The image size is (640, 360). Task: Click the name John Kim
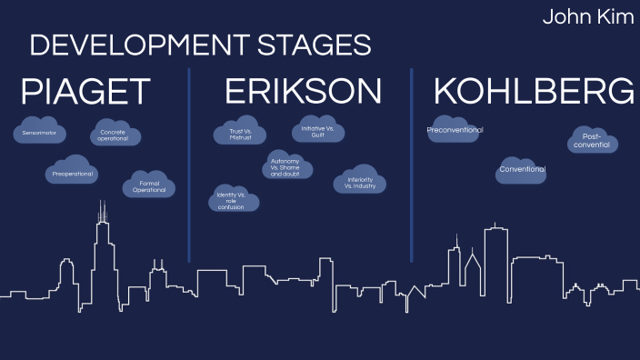[588, 17]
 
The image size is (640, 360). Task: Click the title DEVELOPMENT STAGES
[200, 45]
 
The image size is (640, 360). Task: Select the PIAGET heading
[85, 92]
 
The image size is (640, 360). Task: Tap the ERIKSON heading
[303, 92]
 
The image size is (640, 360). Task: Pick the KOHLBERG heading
[534, 92]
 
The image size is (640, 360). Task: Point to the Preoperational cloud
[73, 171]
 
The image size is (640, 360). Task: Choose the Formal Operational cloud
[149, 185]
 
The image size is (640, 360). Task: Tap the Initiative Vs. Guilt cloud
[318, 131]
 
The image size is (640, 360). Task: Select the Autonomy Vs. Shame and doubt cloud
[285, 166]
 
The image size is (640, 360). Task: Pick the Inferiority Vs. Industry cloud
[360, 181]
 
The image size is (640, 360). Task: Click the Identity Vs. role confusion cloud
[233, 199]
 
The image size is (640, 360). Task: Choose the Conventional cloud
[522, 169]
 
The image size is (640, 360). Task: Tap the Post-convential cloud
[594, 141]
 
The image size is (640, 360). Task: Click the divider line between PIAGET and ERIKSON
[189, 164]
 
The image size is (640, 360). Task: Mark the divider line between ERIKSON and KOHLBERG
[411, 164]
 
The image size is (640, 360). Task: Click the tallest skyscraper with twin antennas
[102, 255]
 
